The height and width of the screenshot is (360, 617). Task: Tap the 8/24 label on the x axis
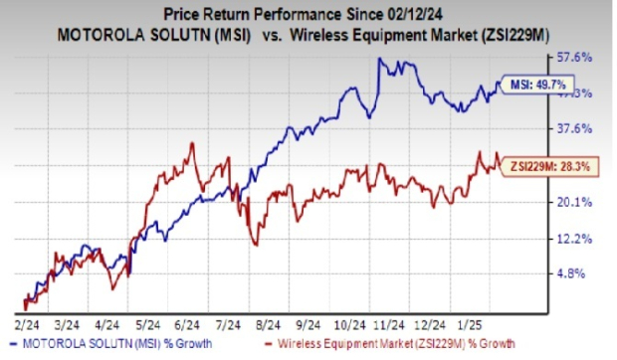(263, 324)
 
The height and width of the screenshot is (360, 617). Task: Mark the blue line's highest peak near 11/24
(380, 59)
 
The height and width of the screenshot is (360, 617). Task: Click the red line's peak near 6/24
(193, 143)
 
